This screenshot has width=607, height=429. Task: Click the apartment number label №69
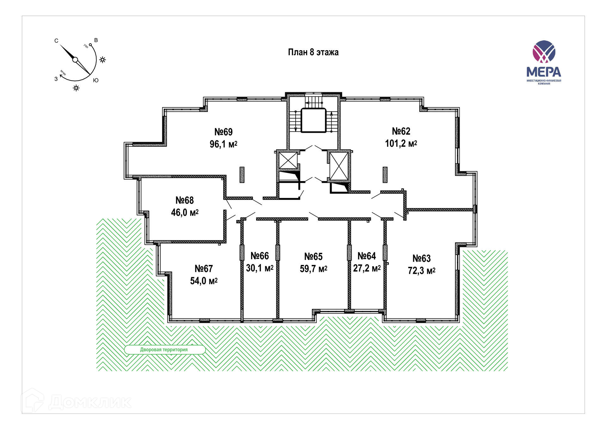pos(224,132)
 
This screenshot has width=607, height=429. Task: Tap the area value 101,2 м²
pos(401,144)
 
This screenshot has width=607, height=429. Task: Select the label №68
pos(185,200)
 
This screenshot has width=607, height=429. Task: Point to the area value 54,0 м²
pos(204,281)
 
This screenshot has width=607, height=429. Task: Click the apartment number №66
pos(260,256)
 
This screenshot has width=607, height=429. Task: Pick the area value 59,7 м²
pos(313,269)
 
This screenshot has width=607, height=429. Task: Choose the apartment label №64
pos(367,256)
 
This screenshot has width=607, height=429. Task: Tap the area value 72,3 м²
pos(421,271)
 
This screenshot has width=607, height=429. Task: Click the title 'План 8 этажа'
pos(313,52)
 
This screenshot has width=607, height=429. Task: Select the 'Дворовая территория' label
pos(164,350)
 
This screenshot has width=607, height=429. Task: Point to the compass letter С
pos(56,41)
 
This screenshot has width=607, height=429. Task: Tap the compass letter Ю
pos(96,80)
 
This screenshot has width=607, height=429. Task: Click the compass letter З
pos(56,79)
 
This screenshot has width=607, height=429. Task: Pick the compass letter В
pos(96,40)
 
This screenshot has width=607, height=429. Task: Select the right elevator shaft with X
pos(339,166)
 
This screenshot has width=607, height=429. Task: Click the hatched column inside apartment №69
pos(242,175)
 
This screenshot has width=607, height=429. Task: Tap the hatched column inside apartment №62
pos(385,175)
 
